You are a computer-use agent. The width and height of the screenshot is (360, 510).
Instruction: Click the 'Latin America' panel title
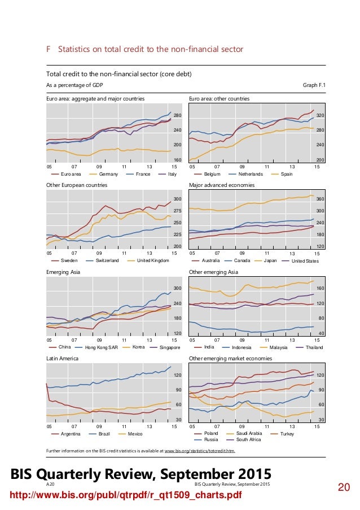[x=63, y=358]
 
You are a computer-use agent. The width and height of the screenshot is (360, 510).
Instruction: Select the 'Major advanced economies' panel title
[x=222, y=185]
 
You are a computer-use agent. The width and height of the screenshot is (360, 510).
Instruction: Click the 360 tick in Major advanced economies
[x=321, y=199]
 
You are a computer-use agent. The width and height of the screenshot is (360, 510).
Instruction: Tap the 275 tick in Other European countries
[x=177, y=211]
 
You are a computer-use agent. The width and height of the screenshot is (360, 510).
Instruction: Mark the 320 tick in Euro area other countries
[x=321, y=115]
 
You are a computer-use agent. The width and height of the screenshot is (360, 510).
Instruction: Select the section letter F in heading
[x=49, y=49]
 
